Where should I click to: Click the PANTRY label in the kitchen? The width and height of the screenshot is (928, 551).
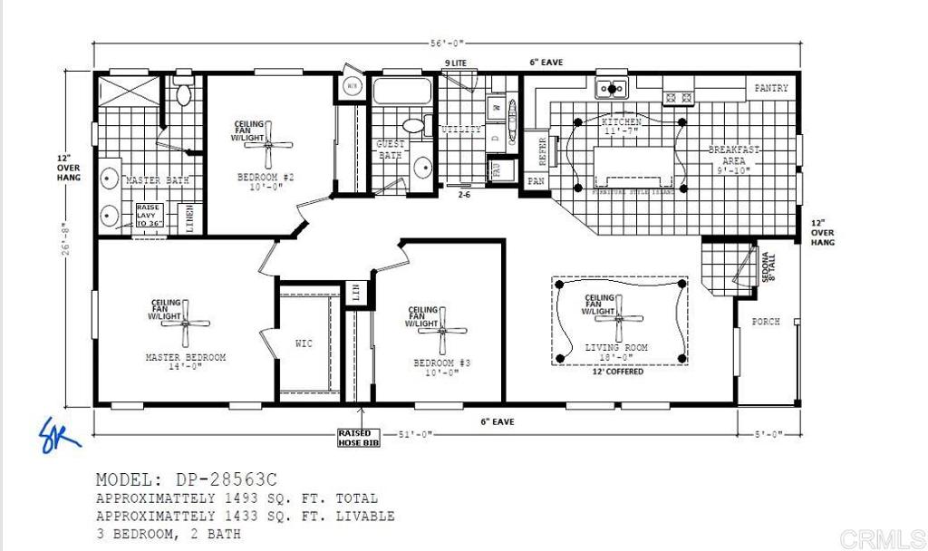771,89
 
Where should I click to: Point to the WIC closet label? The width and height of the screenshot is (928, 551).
304,343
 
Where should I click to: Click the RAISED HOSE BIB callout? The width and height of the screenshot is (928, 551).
358,438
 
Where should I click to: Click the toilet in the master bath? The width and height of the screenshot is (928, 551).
184,93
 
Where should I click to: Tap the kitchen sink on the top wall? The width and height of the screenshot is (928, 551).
612,89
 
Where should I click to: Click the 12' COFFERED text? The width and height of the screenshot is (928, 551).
617,372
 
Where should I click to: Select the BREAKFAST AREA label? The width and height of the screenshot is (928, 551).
734,155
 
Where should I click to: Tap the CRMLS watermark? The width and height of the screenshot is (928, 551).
878,536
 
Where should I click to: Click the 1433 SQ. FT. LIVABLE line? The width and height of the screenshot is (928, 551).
245,517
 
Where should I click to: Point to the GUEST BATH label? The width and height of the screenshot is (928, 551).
390,150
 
